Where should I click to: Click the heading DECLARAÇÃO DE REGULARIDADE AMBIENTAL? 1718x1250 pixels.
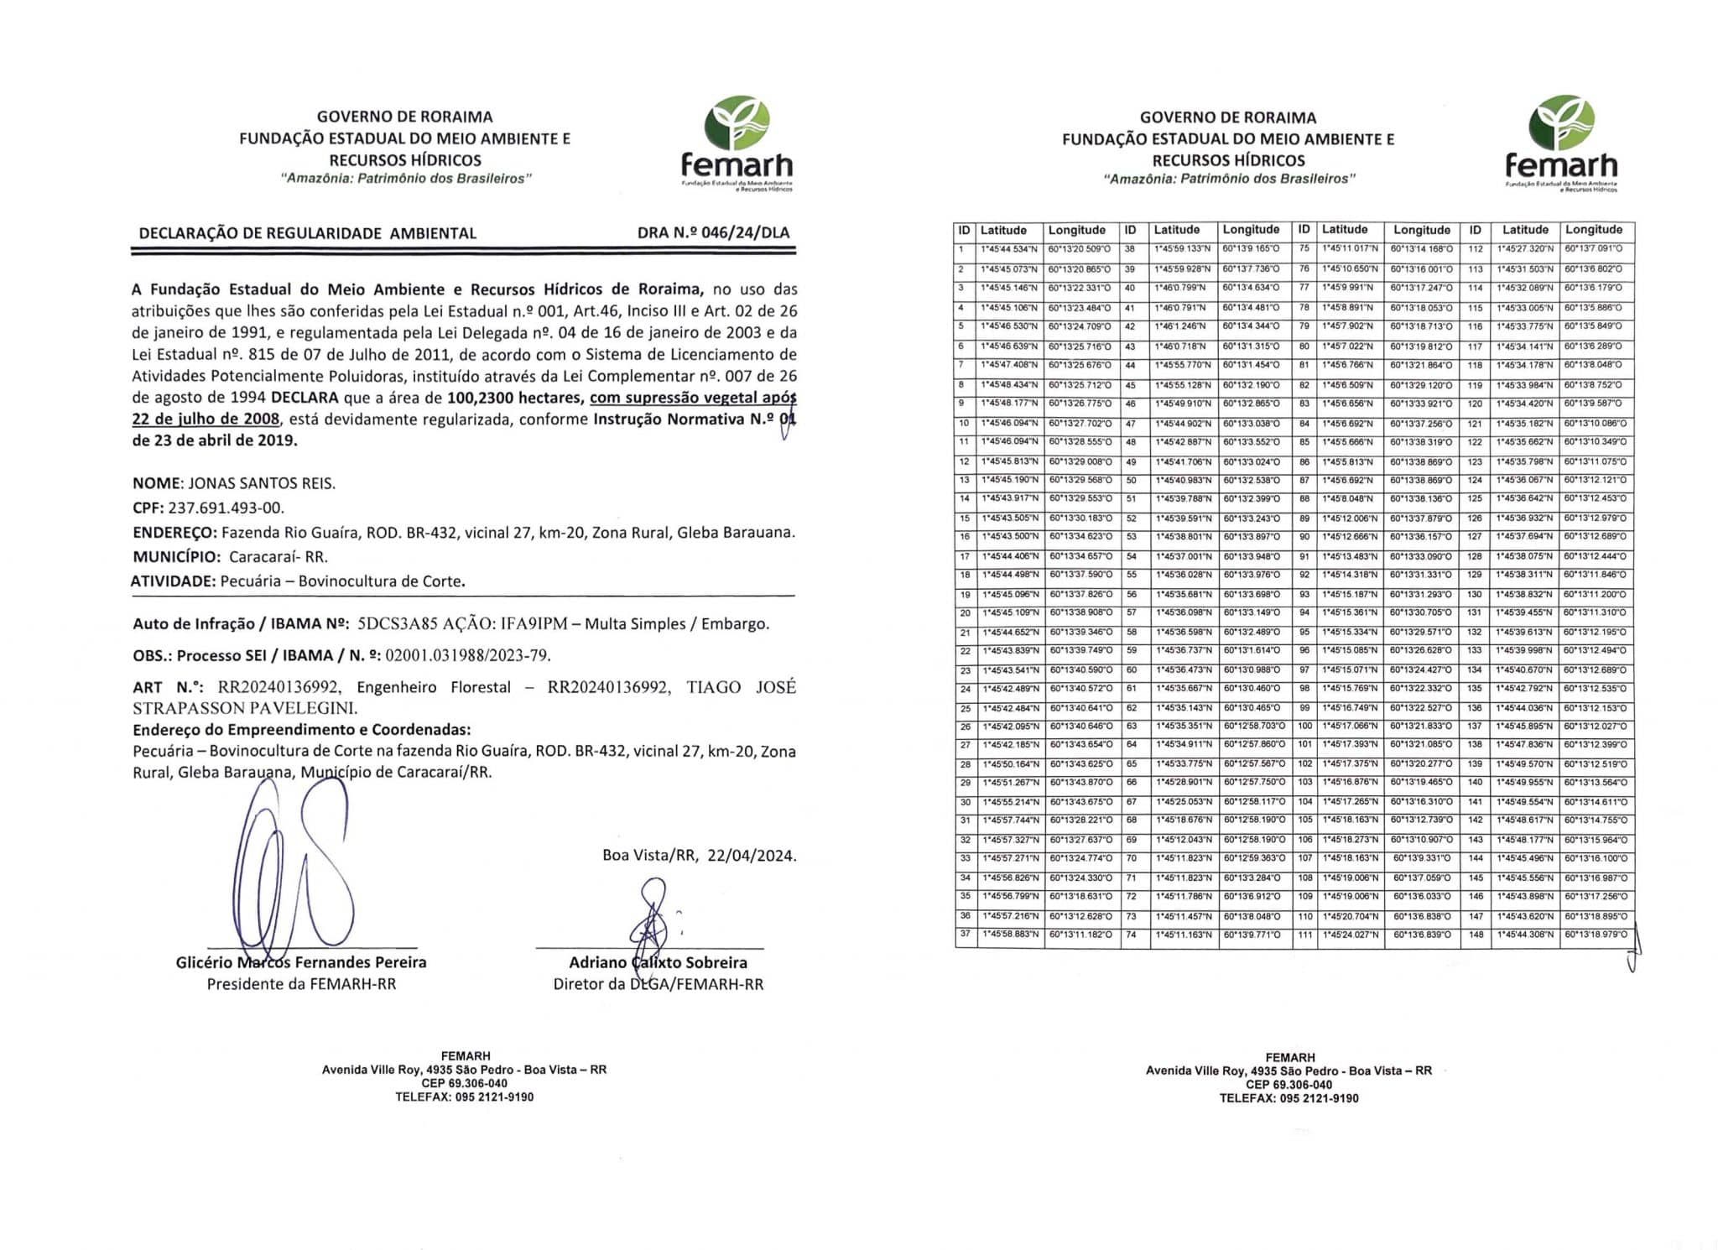coord(307,233)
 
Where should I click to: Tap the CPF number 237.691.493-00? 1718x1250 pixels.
coord(226,508)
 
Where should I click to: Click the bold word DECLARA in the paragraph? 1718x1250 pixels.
coord(305,397)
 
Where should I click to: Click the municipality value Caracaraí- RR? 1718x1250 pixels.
coord(278,556)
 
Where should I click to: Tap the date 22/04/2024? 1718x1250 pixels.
coord(752,856)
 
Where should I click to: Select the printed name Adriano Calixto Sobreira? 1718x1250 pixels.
coord(658,962)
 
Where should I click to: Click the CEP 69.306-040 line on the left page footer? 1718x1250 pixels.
coord(464,1083)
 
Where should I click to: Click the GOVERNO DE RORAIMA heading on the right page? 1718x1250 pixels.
coord(1227,117)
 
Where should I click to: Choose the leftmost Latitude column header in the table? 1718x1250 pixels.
coord(1003,230)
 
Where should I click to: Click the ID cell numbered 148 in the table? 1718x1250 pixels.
coord(1476,935)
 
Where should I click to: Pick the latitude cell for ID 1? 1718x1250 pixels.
coord(1009,249)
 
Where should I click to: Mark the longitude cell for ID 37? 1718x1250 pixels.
coord(1080,935)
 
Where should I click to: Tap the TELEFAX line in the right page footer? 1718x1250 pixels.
coord(1288,1098)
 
